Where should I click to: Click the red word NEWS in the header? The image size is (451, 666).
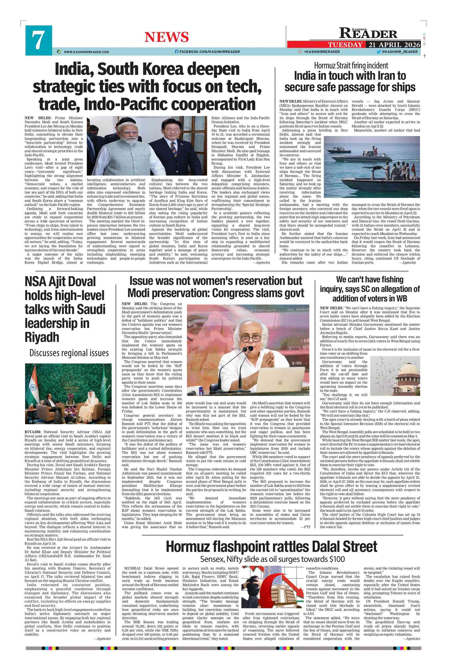click(x=166, y=37)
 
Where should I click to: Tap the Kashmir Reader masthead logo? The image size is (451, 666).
click(x=368, y=33)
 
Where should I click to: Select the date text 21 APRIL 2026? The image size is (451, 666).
click(x=394, y=45)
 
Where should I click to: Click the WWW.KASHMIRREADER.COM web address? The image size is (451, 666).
click(x=87, y=52)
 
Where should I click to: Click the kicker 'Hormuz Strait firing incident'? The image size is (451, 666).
click(x=351, y=65)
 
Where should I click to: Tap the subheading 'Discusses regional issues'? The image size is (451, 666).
click(x=69, y=353)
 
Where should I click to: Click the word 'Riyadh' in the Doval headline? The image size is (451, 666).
click(x=42, y=337)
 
